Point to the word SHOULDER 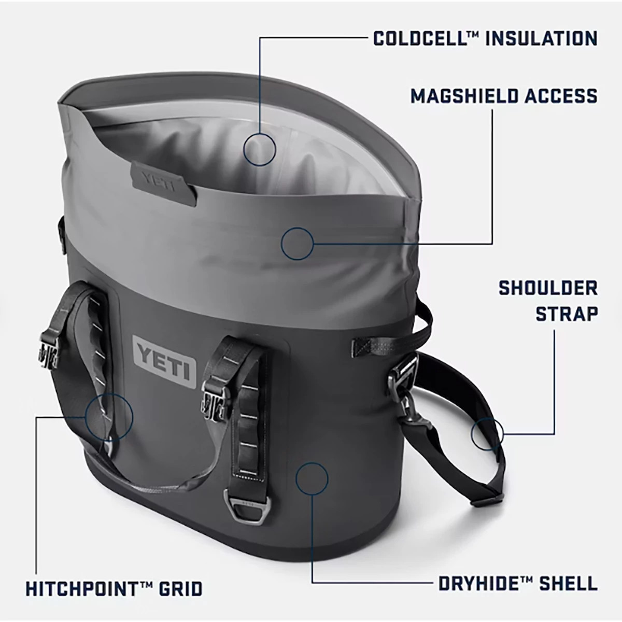(x=548, y=288)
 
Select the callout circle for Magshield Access (x=298, y=243)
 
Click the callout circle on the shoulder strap (x=488, y=433)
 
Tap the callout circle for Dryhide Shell (x=312, y=477)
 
